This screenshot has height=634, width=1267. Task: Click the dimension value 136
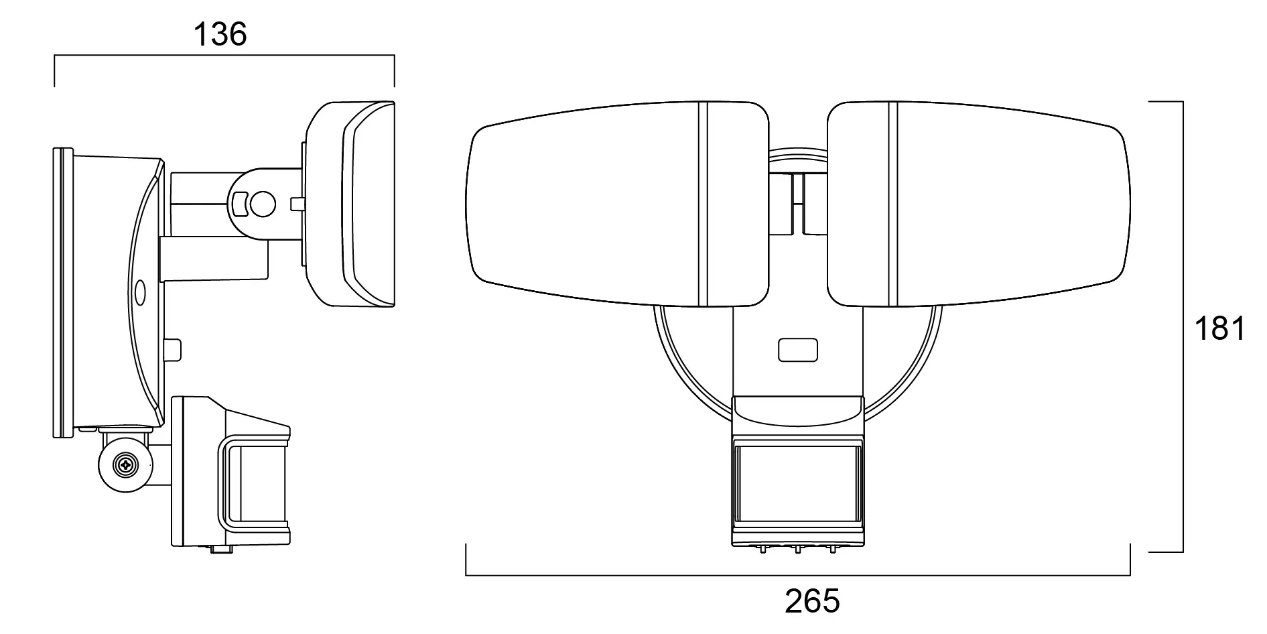coord(220,34)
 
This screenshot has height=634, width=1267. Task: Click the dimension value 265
coord(812,600)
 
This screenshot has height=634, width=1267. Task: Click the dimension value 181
coord(1219,329)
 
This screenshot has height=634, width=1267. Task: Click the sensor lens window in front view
coord(797,483)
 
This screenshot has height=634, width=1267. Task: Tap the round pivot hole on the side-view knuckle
coord(263,204)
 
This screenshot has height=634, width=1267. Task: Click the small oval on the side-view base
coord(140,292)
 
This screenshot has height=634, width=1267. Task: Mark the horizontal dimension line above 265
coord(797,576)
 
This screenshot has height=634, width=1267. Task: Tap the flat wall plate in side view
coord(62,293)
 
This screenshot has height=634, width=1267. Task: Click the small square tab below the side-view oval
coord(174,349)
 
